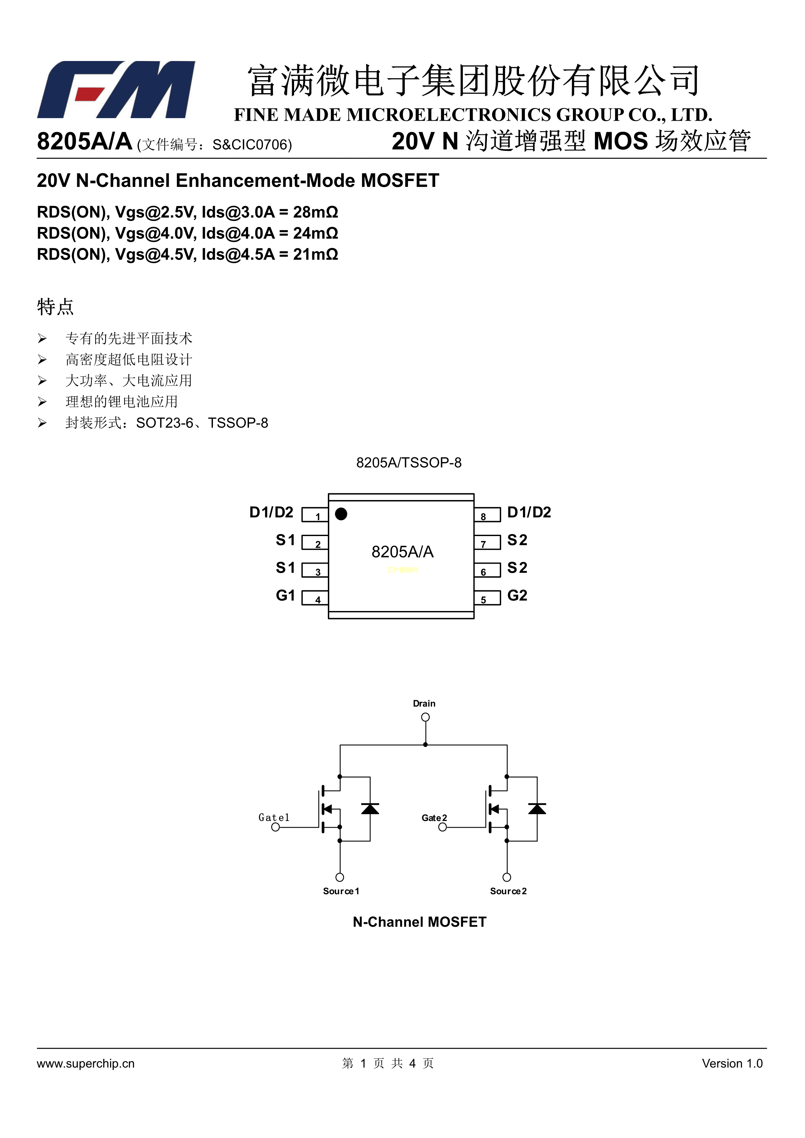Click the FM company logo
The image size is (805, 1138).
(116, 90)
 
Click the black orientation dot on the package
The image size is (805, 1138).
(341, 514)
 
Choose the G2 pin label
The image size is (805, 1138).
(517, 595)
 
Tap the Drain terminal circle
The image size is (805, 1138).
(425, 717)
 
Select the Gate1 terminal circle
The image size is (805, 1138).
(276, 827)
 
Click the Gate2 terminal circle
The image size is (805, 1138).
(443, 827)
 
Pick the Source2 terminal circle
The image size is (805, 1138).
(507, 877)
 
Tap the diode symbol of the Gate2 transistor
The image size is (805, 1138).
(537, 809)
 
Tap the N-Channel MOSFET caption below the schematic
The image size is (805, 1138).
(419, 922)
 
